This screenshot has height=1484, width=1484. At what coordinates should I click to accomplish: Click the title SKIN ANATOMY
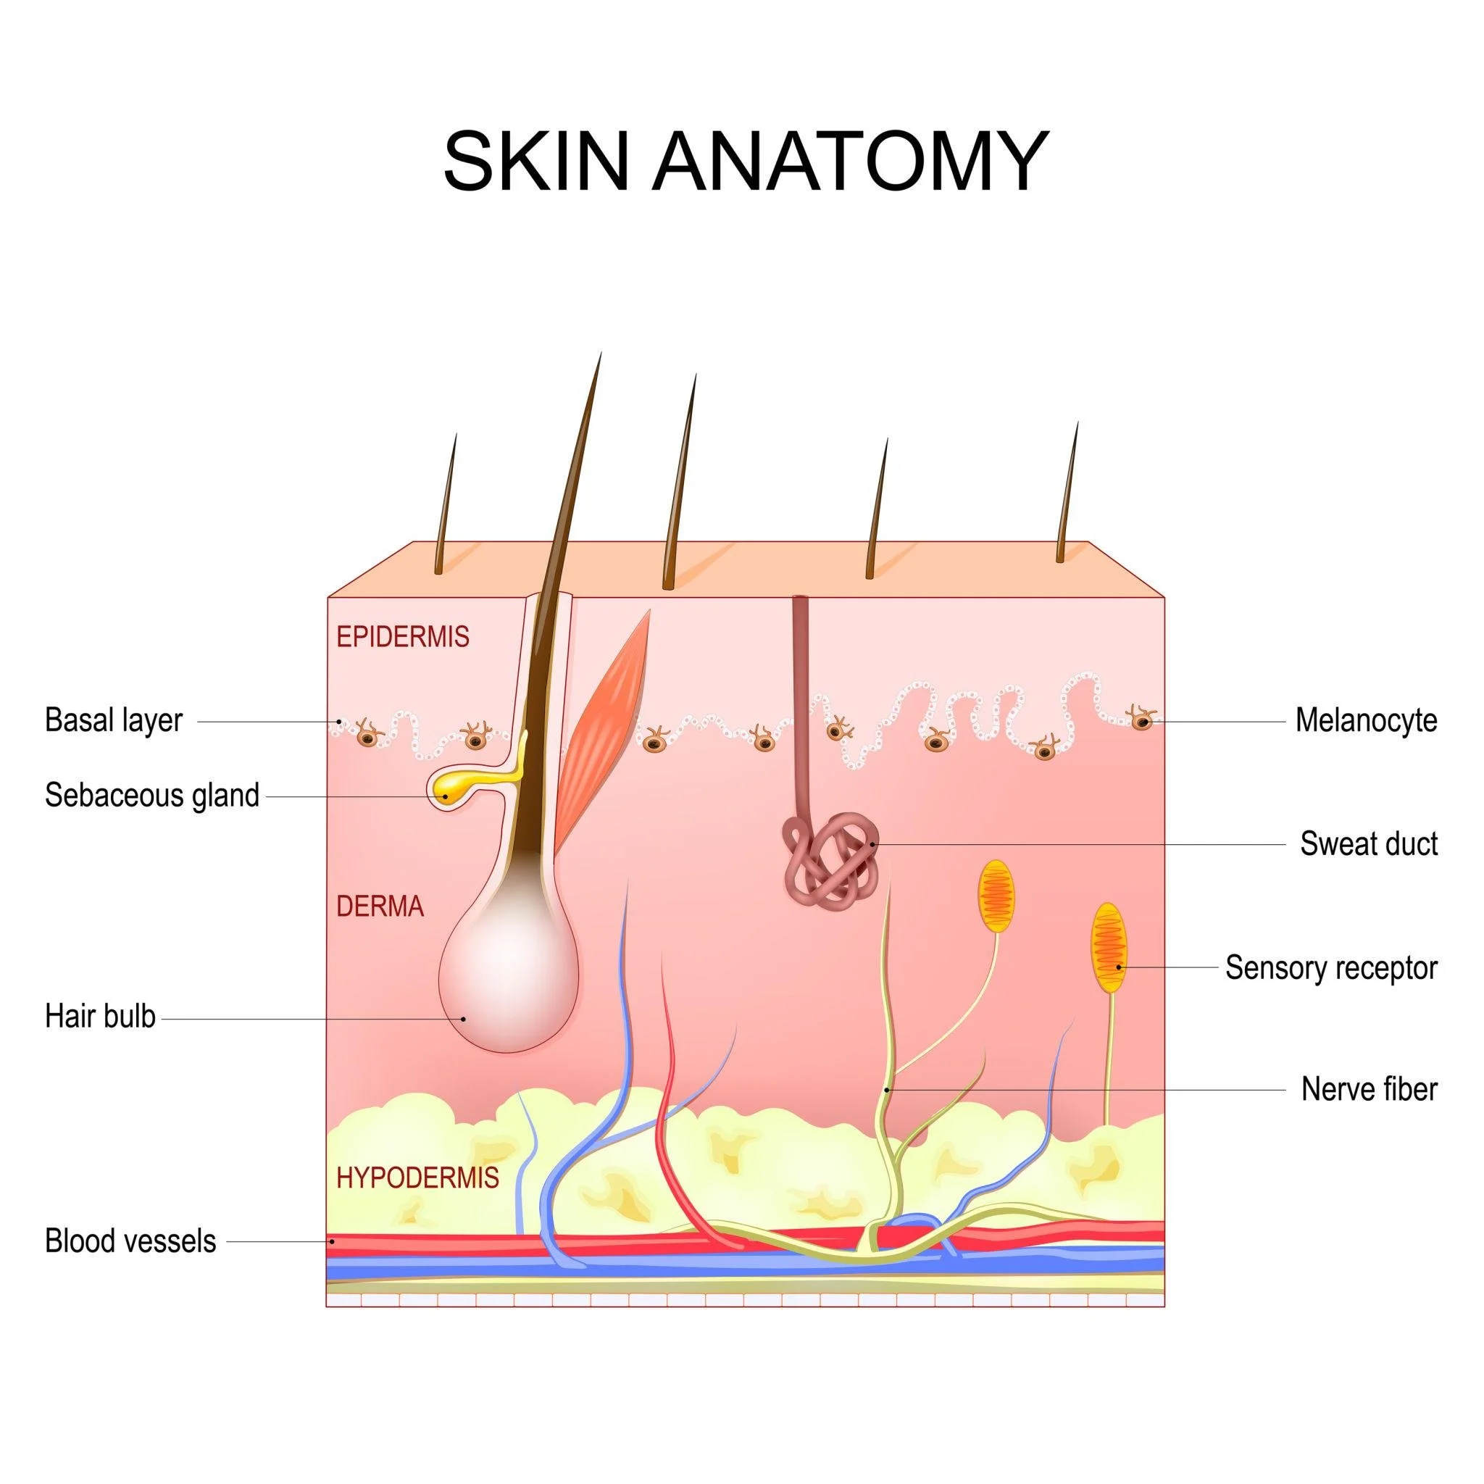click(x=745, y=162)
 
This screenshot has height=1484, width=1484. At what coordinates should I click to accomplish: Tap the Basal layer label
click(x=114, y=720)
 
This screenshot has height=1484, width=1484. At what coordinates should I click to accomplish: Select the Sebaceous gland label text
click(x=152, y=795)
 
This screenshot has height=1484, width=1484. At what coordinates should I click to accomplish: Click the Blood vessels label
click(x=130, y=1241)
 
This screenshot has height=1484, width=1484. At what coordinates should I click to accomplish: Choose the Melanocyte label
click(x=1366, y=720)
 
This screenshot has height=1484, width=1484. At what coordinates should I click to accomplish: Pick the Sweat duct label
click(x=1368, y=843)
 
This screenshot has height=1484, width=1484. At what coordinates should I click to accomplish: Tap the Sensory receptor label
click(x=1330, y=968)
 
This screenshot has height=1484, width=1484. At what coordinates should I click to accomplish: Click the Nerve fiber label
click(x=1368, y=1089)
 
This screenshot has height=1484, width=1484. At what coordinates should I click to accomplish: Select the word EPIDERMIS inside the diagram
click(x=402, y=637)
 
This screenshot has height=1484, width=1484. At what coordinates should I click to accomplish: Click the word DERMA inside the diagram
click(x=380, y=907)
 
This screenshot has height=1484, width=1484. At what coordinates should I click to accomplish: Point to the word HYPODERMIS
click(x=417, y=1177)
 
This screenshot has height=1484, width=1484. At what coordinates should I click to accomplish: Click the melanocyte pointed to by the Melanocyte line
click(x=1142, y=720)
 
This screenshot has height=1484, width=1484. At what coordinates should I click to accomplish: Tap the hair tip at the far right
click(x=1075, y=426)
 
